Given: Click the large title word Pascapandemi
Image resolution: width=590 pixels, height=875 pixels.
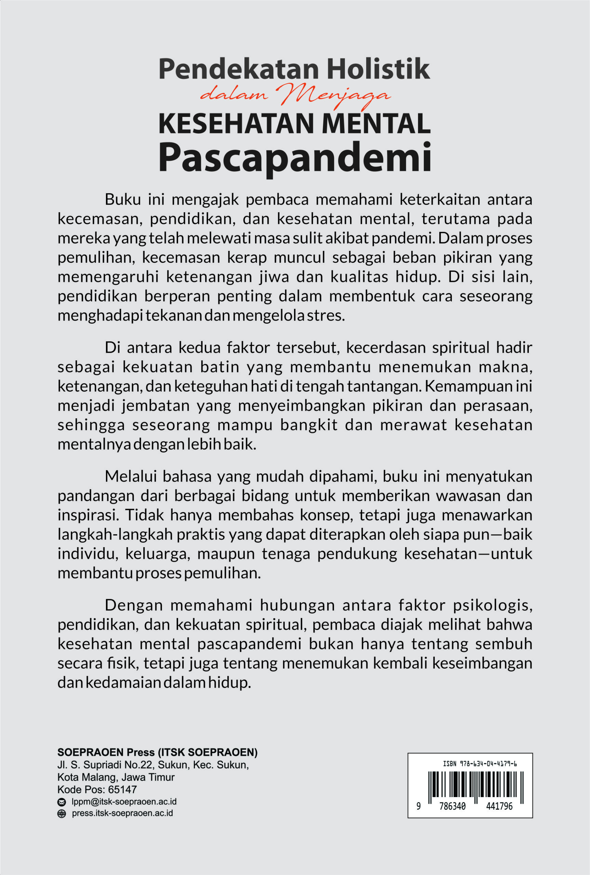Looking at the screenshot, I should coord(295,157).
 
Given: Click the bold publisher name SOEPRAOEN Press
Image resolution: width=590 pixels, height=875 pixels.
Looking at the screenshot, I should coord(106,752).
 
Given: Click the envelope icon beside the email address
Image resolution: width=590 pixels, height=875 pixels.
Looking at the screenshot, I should coord(61,802).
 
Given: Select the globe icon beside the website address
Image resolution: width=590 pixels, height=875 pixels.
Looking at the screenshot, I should coord(61,814).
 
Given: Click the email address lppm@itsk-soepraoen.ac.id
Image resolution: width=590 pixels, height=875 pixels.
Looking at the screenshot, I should coord(124,802).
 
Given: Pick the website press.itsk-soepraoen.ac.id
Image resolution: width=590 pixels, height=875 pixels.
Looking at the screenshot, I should coord(122,813).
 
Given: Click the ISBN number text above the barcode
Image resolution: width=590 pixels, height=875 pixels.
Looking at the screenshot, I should coord(480,764).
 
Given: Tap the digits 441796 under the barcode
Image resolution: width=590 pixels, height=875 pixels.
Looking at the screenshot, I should coord(499,807).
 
